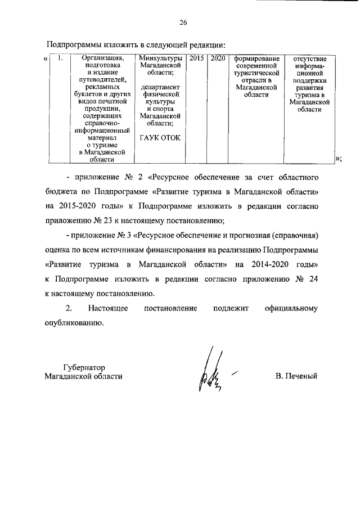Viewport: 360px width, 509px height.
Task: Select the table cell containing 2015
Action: [196, 58]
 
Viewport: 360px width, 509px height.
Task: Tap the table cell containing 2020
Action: [217, 58]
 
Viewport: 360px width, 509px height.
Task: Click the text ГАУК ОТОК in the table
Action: [160, 138]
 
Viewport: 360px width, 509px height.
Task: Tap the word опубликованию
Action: [74, 323]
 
